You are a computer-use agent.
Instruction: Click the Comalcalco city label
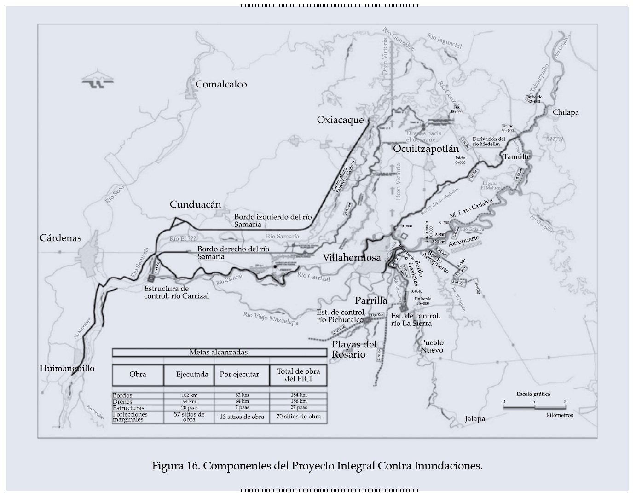point(221,84)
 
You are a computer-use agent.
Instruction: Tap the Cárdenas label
point(60,238)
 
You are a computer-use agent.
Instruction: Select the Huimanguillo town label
point(67,368)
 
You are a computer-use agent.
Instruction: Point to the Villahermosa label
point(352,257)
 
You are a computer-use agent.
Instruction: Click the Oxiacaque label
point(340,120)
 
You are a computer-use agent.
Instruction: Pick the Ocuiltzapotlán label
point(426,149)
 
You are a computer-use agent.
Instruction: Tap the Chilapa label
point(566,112)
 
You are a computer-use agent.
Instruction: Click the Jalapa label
point(474,419)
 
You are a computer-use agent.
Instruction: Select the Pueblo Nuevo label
point(432,346)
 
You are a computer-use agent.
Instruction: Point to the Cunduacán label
point(195,204)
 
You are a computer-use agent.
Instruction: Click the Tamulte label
point(516,156)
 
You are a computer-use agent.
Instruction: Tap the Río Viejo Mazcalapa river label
point(271,318)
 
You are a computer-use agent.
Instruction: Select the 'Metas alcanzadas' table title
point(219,353)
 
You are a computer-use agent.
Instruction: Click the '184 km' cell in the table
point(298,395)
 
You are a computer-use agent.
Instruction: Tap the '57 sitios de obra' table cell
point(189,417)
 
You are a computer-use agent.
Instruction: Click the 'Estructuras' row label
point(128,408)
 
